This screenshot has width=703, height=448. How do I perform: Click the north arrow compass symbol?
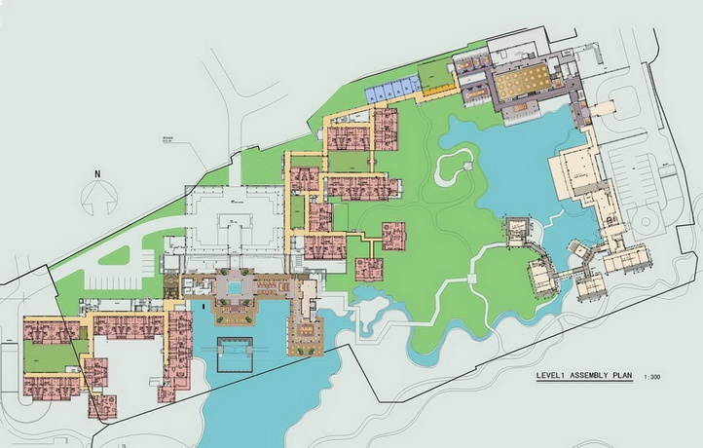pos(97,200)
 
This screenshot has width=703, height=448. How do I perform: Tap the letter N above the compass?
pos(97,173)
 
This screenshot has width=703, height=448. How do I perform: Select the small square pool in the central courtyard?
pos(234,288)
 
